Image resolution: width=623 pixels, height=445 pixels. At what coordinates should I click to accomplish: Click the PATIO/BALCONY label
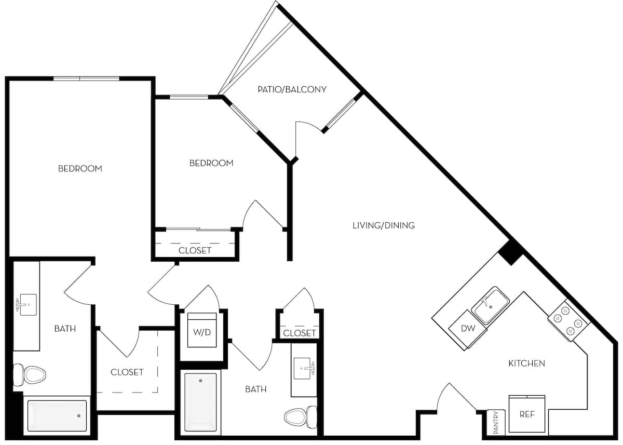tap(292, 89)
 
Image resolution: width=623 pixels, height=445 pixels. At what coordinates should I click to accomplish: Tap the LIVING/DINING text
tap(383, 225)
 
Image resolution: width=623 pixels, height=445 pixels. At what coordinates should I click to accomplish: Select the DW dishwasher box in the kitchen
tap(468, 329)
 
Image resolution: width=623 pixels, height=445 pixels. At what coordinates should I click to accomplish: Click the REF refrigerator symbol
tap(526, 414)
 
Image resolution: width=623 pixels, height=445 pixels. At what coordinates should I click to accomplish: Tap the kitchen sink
tap(490, 306)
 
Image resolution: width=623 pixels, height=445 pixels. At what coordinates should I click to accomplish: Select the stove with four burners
tap(568, 321)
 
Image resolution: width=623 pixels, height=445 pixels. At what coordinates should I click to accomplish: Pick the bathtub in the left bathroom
tap(57, 415)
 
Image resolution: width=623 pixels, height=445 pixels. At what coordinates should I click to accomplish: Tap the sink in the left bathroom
tap(26, 304)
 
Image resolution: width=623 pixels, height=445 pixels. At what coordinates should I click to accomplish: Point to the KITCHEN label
tap(526, 363)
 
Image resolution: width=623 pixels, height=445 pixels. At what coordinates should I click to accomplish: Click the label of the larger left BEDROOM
tap(79, 169)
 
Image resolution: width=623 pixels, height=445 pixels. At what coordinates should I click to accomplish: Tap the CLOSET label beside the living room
tap(300, 333)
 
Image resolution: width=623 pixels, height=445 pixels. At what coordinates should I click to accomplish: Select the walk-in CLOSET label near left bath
tap(127, 372)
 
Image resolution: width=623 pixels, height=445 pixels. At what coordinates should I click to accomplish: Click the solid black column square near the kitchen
tap(510, 253)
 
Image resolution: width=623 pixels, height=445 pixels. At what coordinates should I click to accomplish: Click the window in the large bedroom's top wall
tap(86, 78)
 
